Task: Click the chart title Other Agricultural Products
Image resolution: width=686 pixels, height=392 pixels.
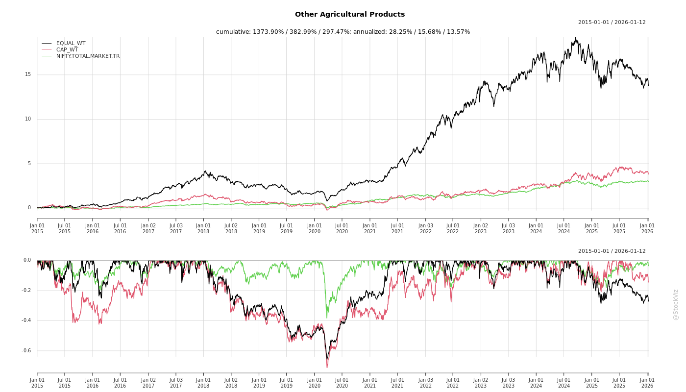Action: tap(350, 15)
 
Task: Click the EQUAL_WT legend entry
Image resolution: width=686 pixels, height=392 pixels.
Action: tap(71, 44)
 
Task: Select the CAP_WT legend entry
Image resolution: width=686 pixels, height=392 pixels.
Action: tap(67, 50)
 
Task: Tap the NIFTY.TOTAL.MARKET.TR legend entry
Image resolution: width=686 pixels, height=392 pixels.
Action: tap(88, 56)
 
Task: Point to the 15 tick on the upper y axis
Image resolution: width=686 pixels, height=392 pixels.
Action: tap(28, 74)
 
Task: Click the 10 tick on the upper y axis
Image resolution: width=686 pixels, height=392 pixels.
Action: tap(28, 119)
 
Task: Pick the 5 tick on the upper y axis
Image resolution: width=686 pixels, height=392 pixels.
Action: tap(29, 164)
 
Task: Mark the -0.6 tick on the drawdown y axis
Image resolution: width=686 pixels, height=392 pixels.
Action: tap(26, 351)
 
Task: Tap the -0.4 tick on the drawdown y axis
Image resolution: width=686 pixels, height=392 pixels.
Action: tap(26, 320)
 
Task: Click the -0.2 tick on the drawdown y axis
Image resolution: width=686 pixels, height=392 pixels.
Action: tap(26, 291)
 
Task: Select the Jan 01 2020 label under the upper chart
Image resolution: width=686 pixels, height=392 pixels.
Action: tap(315, 228)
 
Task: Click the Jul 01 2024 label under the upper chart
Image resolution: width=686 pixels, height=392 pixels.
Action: tap(564, 228)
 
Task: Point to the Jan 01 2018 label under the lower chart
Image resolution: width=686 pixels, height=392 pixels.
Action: tap(203, 383)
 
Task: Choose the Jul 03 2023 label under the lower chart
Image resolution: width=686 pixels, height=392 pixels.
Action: tap(509, 383)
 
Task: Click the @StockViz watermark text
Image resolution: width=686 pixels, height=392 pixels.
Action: tap(676, 304)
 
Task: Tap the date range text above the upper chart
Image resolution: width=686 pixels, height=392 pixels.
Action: tap(612, 23)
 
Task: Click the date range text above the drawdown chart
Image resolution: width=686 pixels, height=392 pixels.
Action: tap(612, 251)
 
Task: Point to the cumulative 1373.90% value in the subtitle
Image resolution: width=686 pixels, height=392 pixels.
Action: tap(269, 32)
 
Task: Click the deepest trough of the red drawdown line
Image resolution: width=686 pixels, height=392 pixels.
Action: tap(327, 367)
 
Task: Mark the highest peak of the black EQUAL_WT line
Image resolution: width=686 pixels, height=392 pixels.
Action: tap(576, 38)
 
